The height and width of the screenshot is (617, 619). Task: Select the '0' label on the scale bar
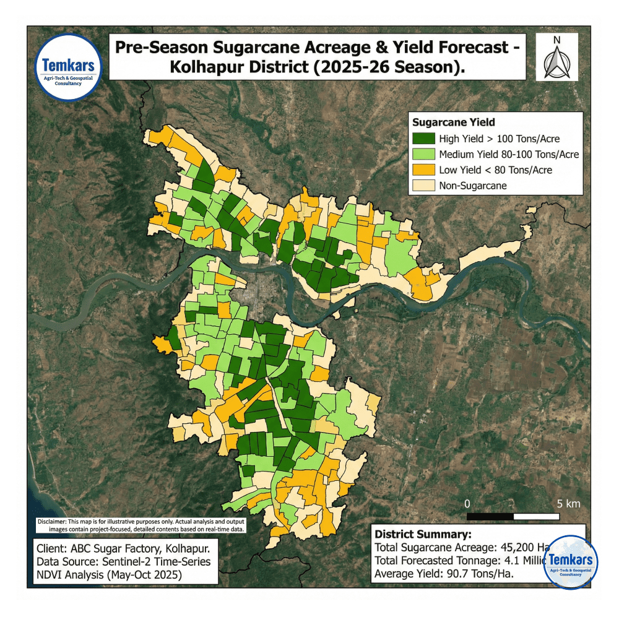tap(467, 503)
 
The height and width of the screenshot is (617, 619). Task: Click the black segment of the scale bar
tap(490, 516)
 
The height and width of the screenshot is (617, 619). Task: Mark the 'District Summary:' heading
tap(423, 534)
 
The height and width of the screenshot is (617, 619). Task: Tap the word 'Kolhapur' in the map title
tap(209, 67)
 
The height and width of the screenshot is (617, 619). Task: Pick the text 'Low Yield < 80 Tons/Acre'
tap(495, 170)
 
